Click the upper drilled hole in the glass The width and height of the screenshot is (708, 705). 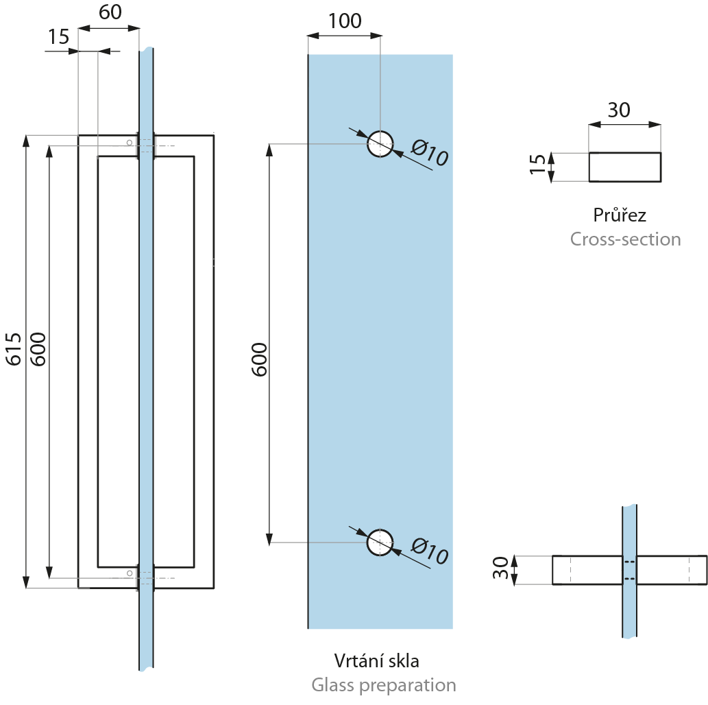coord(380,144)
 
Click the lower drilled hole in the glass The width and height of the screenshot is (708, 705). coord(380,542)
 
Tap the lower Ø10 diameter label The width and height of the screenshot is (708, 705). coord(430,551)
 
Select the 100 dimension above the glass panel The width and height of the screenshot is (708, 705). coord(344,21)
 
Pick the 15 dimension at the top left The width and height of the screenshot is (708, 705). coord(59,37)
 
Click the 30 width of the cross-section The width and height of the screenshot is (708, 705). coord(619,110)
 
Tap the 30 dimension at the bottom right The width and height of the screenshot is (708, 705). coord(501,569)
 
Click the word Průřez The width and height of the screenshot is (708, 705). coord(620,215)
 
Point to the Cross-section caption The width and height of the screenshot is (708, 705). coord(626,239)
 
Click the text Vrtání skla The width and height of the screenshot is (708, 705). coord(376,660)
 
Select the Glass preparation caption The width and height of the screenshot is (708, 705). coord(383,684)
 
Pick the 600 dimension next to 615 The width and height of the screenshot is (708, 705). coord(38,349)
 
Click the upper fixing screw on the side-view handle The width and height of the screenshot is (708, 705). coord(128,142)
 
